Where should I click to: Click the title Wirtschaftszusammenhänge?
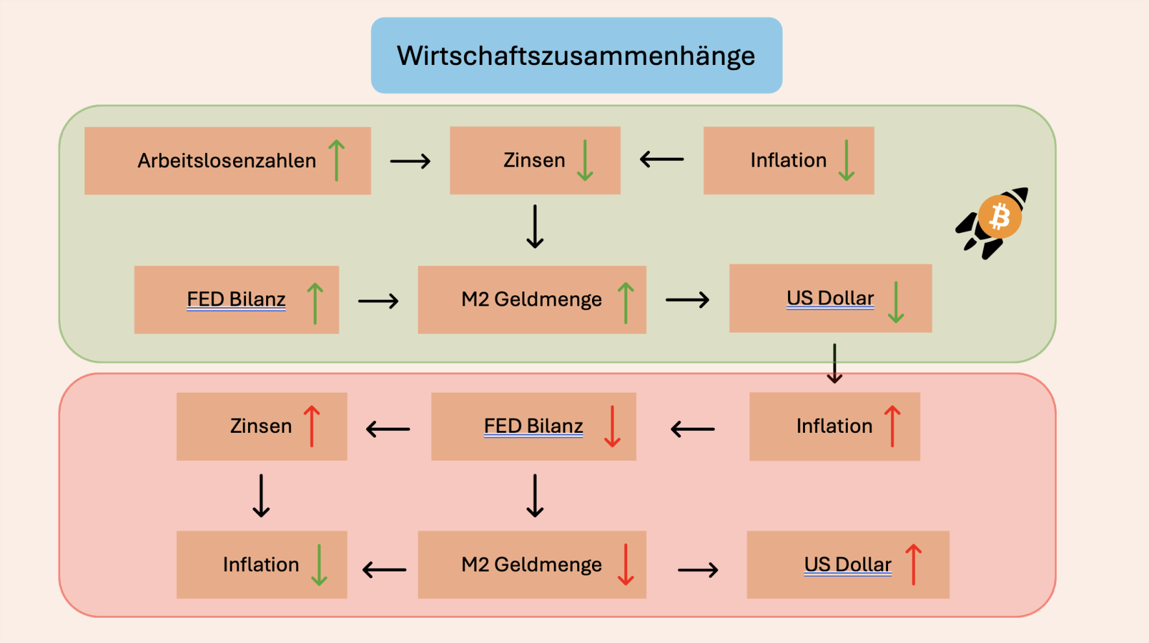coord(576,56)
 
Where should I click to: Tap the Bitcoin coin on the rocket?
coord(1000,217)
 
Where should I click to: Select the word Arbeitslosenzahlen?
coord(227,160)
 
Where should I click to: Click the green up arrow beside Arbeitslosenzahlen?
coord(336,160)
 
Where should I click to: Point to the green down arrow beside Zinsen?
coord(585,160)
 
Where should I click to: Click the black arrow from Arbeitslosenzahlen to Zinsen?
coord(410,161)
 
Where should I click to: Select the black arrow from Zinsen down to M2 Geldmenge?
coord(535,226)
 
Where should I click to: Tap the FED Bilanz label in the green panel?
coord(236,299)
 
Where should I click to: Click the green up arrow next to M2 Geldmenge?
coord(626,302)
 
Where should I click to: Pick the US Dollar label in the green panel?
coord(830,298)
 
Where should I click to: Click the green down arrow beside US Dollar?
coord(896,302)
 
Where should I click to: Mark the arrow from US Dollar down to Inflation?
coord(835,363)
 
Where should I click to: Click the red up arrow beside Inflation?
coord(893,426)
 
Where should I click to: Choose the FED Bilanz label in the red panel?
coord(534,426)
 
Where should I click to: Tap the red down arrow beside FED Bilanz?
coord(612,426)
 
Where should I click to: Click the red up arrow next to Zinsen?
coord(312,426)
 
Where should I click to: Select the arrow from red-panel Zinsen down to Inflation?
coord(261,496)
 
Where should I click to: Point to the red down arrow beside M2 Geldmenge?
coord(626,564)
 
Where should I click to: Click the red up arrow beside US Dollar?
coord(913,564)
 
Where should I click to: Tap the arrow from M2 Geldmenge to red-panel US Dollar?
coord(698,570)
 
